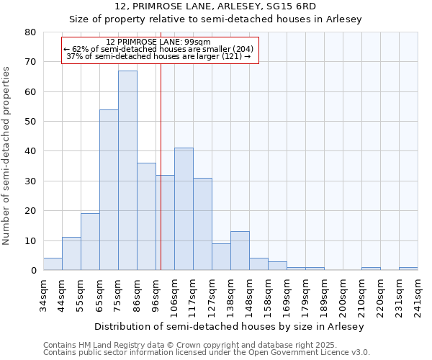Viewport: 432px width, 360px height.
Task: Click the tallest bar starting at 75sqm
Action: [127, 171]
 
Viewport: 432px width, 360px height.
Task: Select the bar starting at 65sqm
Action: [109, 190]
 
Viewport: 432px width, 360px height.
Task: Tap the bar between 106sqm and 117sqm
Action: [184, 209]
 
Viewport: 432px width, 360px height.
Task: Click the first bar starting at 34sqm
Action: [53, 264]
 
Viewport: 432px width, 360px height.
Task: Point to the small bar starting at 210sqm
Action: [371, 269]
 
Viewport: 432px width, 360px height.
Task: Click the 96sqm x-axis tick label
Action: [156, 294]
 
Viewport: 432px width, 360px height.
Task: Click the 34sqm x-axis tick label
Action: [43, 294]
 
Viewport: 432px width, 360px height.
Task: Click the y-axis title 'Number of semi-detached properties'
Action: [6, 155]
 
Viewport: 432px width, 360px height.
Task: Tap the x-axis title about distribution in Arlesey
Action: [230, 326]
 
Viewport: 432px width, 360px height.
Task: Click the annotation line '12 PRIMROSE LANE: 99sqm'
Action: [158, 42]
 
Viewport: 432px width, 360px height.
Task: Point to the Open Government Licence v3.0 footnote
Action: [207, 353]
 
